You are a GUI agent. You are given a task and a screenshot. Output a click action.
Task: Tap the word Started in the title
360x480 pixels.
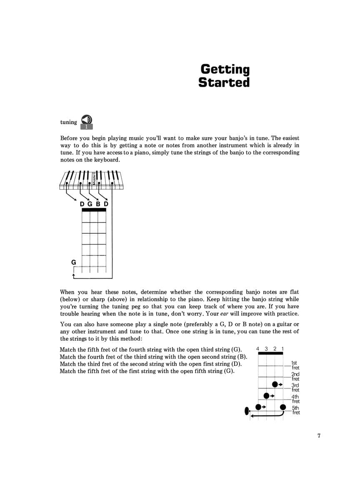coord(224,82)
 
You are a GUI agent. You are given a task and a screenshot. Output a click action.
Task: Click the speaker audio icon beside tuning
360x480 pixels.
coord(87,119)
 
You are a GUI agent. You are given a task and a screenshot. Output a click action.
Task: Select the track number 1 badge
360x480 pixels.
coord(87,127)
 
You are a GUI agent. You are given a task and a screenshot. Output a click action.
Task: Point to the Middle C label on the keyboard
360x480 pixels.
coord(95,177)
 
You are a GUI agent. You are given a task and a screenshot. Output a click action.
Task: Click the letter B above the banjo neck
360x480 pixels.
coord(98,204)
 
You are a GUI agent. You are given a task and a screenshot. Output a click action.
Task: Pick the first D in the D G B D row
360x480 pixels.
coord(82,204)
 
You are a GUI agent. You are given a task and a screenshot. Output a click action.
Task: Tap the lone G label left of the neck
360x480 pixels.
coord(74,262)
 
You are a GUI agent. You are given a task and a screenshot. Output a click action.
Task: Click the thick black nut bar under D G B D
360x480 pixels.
coord(94,210)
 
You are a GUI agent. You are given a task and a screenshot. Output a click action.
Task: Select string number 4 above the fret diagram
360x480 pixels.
coord(258,348)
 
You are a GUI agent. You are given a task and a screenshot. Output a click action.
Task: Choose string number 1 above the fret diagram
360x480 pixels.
coord(283,348)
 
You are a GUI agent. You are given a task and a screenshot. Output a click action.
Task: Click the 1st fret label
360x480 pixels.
coord(295,365)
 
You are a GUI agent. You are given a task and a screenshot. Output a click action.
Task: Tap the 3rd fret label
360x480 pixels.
coord(295,388)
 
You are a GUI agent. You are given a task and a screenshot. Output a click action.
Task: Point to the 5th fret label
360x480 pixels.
coord(295,410)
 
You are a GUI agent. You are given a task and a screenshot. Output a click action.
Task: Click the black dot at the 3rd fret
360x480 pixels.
coord(275,384)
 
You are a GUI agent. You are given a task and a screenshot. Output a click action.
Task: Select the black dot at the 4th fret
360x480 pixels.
coord(267,395)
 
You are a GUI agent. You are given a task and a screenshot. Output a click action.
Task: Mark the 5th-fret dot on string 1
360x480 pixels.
coord(283,407)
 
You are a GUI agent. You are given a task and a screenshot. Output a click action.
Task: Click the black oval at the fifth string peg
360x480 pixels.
coord(246,412)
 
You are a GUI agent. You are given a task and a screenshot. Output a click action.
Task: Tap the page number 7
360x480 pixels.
coord(319,436)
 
